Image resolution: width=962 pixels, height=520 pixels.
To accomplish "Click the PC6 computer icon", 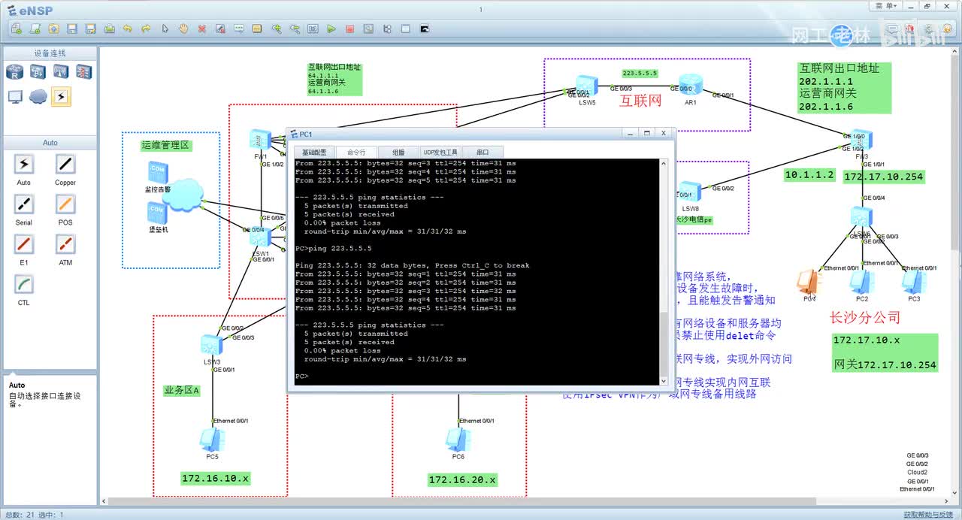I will pos(456,440).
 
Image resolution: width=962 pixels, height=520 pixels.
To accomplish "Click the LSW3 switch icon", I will pos(211,346).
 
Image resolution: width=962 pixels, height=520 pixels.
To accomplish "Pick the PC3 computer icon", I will pos(913,282).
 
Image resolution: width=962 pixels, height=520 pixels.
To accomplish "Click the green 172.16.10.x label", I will pos(215,478).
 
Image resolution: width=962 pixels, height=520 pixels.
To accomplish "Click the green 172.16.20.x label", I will pos(462,479).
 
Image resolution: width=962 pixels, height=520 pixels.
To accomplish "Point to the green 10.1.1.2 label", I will pos(809,174).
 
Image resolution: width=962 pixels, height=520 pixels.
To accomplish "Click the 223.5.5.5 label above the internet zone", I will pos(640,73).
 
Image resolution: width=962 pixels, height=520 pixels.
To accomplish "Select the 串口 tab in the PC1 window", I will pos(483,152).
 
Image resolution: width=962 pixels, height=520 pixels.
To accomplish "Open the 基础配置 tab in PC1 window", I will pos(314,152).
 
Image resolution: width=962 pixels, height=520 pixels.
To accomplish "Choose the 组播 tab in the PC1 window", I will pos(398,152).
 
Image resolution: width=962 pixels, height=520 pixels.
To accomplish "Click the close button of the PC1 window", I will pos(663,134).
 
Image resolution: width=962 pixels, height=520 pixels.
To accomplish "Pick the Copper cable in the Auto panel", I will pos(65,165).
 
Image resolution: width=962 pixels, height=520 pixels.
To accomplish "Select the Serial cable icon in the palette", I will pos(24,204).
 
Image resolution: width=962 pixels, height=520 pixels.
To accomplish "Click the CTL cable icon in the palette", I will pos(24,285).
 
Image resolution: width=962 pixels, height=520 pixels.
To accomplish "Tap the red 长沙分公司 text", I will pos(864,317).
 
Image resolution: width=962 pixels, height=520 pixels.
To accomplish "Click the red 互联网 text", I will pos(640,101).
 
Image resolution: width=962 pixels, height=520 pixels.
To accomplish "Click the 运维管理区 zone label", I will pos(165,145).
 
